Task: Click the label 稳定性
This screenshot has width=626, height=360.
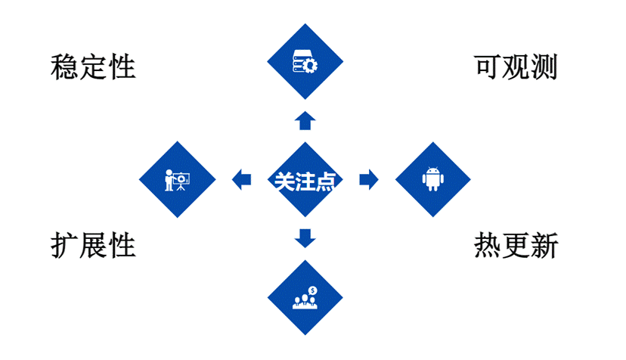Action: tap(93, 67)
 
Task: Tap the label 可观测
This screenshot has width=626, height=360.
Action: tap(516, 67)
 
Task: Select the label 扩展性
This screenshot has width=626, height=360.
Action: tap(93, 245)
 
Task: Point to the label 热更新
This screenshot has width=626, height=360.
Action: tap(516, 245)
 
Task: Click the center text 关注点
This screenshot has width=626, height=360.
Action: tap(305, 180)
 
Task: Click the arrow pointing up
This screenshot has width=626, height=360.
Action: tap(305, 120)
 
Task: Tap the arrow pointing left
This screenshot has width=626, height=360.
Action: tap(242, 179)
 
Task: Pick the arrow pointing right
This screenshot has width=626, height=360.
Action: tap(368, 179)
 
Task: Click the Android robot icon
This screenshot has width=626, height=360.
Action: tap(432, 179)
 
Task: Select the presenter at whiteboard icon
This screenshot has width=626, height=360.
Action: tap(178, 179)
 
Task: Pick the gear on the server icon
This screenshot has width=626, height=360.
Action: tap(310, 66)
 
